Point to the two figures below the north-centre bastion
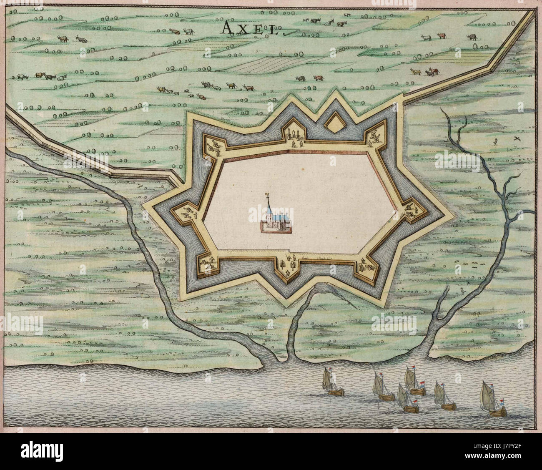coord(295,144)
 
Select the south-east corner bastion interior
coord(366,264)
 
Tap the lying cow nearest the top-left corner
coord(81,40)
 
